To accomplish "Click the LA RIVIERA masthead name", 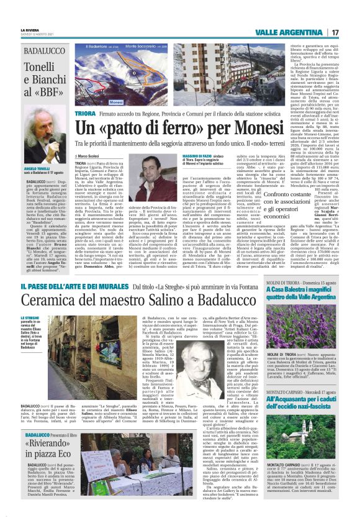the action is (29, 29).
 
